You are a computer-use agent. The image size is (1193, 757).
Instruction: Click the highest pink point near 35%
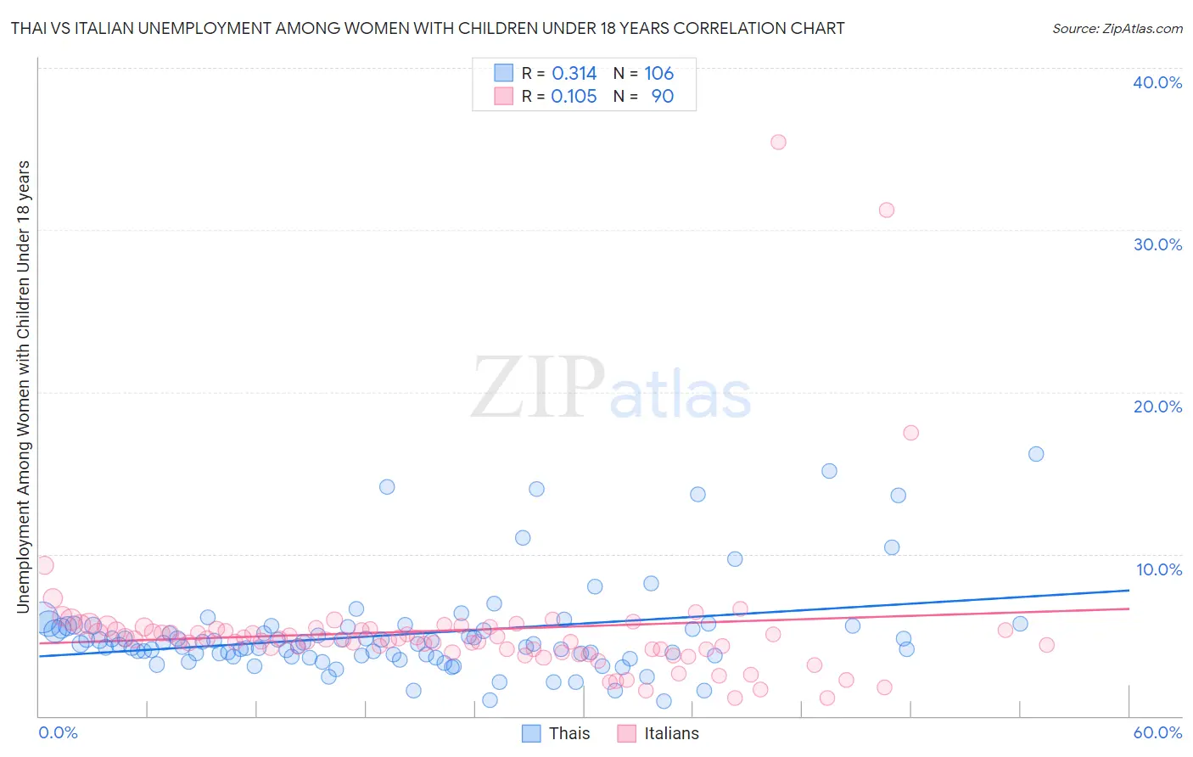coord(778,142)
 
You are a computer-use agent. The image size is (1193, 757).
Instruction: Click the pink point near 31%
coord(887,210)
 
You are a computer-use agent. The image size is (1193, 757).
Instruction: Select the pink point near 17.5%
coord(911,432)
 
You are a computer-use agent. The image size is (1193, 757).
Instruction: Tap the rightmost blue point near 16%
coord(1036,454)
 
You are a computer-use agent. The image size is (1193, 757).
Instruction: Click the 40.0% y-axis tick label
coord(1157,82)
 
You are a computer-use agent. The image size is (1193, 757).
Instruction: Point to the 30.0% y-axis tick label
coord(1157,244)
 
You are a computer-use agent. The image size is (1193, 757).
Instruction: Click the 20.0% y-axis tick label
coord(1157,407)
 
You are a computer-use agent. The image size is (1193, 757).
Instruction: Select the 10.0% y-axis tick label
coord(1158,569)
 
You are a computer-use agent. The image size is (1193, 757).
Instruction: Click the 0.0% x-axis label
coord(58,732)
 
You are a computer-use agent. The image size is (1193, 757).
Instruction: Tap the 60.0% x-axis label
coord(1157,732)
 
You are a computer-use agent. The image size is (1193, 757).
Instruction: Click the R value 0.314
coord(574,73)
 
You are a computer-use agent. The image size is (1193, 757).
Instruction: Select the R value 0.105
coord(574,96)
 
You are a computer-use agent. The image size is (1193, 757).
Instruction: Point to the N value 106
coord(658,73)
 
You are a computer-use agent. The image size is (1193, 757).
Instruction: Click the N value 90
coord(662,96)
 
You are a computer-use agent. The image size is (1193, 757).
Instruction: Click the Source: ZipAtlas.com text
coord(1117,28)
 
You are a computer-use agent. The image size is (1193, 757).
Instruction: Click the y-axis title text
coord(23,386)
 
